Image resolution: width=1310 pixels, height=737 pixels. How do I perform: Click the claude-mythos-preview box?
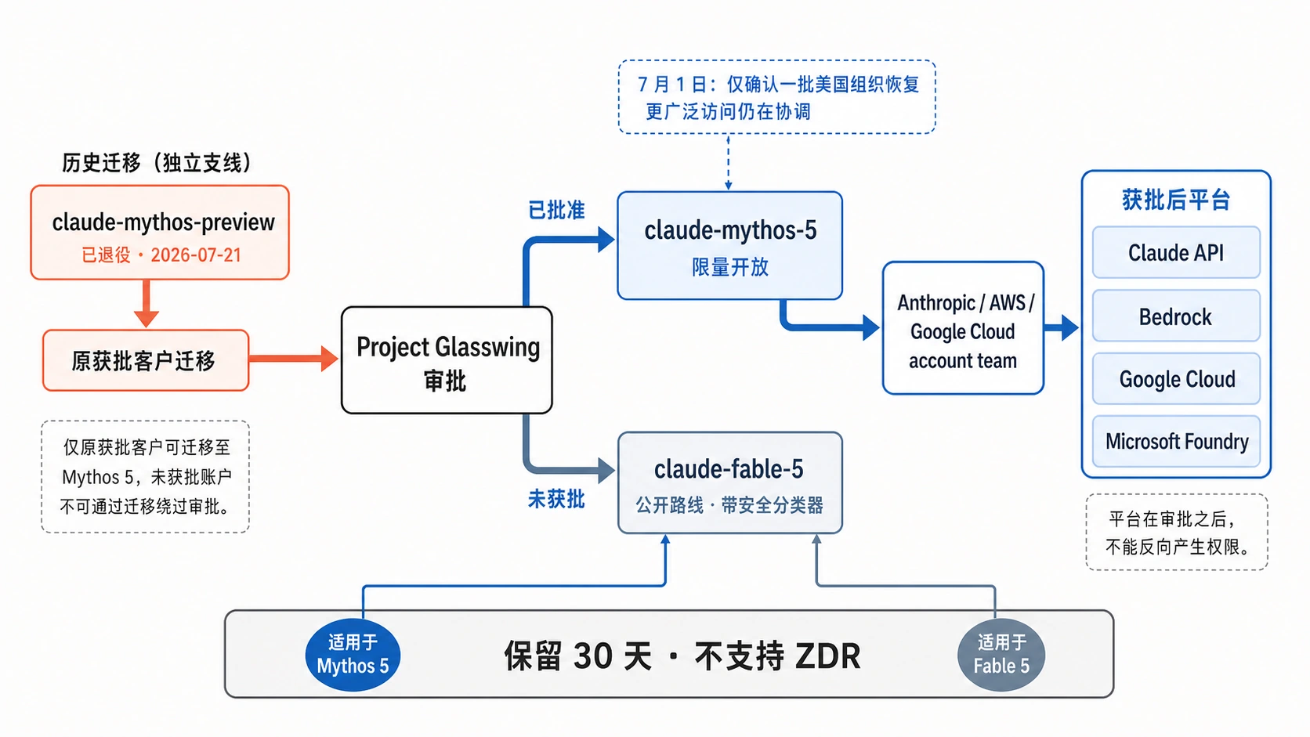pyautogui.click(x=160, y=233)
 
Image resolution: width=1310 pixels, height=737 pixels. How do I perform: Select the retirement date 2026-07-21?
pyautogui.click(x=196, y=255)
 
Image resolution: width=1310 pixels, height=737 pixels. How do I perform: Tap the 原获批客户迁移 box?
pyautogui.click(x=146, y=360)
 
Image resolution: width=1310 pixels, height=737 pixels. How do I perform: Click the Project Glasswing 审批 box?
pyautogui.click(x=447, y=360)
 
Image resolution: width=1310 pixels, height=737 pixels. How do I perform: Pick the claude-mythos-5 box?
pyautogui.click(x=730, y=245)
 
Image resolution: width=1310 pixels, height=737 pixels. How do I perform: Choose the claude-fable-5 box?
pyautogui.click(x=730, y=482)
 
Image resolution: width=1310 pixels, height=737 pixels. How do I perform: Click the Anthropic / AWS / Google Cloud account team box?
pyautogui.click(x=963, y=328)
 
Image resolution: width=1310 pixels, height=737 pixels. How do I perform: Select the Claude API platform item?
pyautogui.click(x=1176, y=252)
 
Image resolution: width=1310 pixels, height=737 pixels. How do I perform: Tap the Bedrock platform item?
pyautogui.click(x=1176, y=316)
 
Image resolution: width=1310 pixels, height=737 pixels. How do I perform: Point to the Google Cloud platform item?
pyautogui.click(x=1176, y=379)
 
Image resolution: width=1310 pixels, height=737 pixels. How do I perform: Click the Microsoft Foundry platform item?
pyautogui.click(x=1176, y=441)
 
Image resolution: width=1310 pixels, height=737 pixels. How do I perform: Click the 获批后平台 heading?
pyautogui.click(x=1176, y=200)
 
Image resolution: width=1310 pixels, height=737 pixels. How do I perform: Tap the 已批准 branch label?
pyautogui.click(x=556, y=210)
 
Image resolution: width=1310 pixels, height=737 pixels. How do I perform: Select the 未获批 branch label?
pyautogui.click(x=556, y=499)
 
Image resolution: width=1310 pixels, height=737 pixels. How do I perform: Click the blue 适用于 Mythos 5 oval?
pyautogui.click(x=353, y=655)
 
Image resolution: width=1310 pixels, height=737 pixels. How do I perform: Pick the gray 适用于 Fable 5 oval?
pyautogui.click(x=1001, y=655)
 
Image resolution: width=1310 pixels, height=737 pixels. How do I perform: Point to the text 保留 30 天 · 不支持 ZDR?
pyautogui.click(x=682, y=656)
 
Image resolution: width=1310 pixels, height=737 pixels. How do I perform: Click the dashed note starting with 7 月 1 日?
pyautogui.click(x=777, y=97)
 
